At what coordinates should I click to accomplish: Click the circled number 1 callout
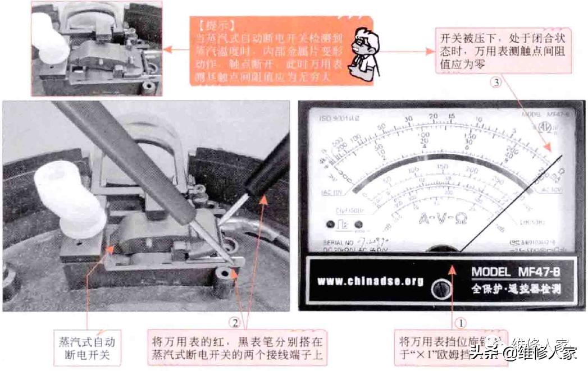pyautogui.click(x=460, y=323)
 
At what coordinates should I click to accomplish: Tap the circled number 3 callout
pyautogui.click(x=495, y=83)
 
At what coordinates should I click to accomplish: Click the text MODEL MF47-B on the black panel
pyautogui.click(x=516, y=273)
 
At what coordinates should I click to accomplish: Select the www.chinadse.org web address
pyautogui.click(x=370, y=281)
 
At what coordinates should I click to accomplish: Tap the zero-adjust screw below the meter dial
pyautogui.click(x=437, y=290)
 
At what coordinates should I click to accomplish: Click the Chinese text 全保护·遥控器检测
pyautogui.click(x=516, y=290)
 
